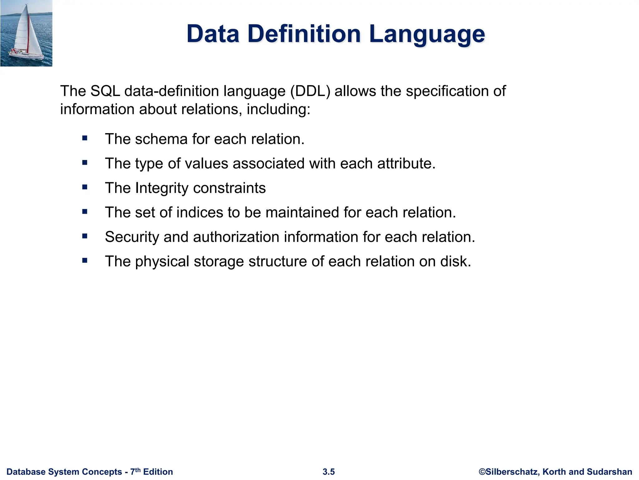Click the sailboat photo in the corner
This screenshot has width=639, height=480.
click(26, 33)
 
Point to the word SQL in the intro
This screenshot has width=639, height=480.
click(105, 91)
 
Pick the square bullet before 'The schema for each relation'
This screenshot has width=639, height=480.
click(85, 138)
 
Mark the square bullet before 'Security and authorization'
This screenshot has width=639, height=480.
click(85, 236)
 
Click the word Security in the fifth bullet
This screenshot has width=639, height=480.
click(132, 237)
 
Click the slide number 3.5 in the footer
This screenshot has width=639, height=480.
click(329, 472)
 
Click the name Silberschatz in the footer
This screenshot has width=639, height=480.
click(512, 472)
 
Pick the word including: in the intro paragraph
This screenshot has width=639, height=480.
click(278, 109)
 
